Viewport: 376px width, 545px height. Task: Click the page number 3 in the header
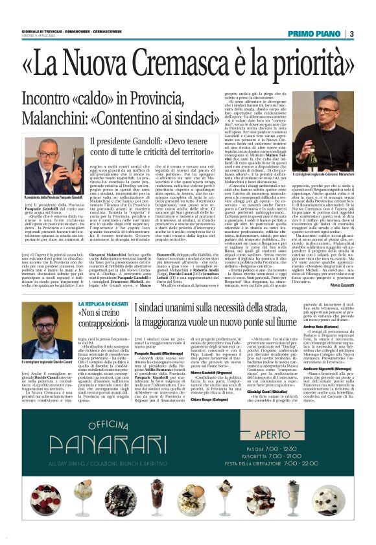click(351, 34)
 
